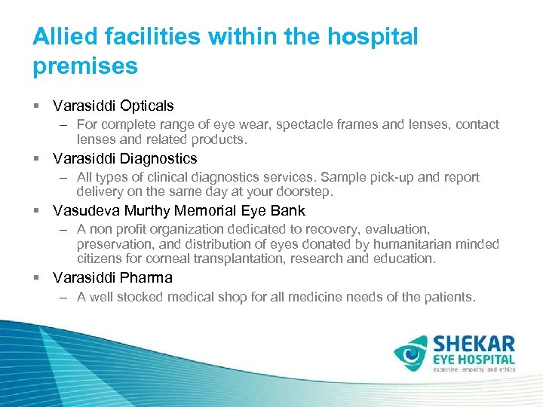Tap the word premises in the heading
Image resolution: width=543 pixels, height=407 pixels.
click(85, 66)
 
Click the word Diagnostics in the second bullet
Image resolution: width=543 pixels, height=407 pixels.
click(158, 159)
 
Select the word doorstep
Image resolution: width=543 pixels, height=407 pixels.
click(303, 192)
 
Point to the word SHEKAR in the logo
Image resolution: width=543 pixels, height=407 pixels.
click(474, 344)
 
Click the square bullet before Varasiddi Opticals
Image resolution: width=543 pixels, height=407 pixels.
click(36, 106)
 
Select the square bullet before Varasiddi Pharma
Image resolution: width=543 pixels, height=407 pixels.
click(36, 278)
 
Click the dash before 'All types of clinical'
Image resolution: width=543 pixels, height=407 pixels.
click(65, 178)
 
